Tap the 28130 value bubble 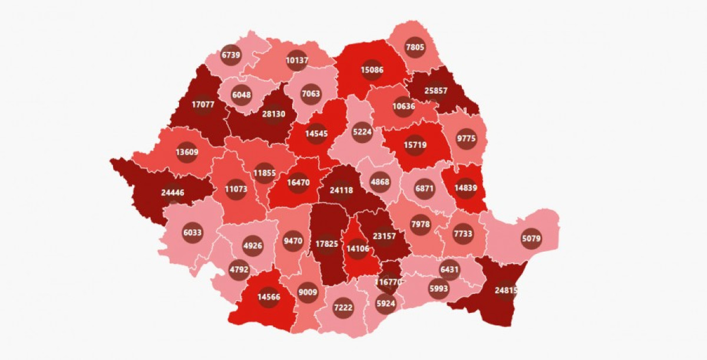273,115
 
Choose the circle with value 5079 531,239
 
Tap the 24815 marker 506,290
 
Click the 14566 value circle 269,297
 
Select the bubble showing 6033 192,232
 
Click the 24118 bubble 342,190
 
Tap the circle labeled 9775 467,139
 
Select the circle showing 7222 343,308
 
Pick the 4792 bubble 239,270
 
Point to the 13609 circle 186,151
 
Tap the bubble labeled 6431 450,269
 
